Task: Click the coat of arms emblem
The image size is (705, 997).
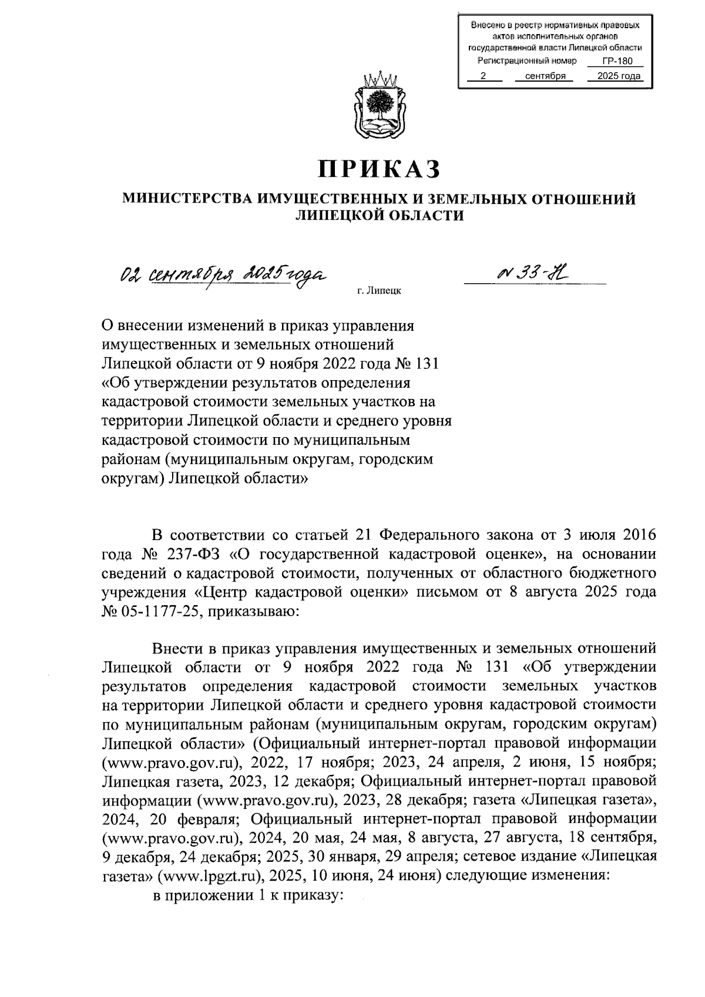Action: click(379, 106)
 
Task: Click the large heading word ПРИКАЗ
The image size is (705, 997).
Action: click(378, 169)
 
